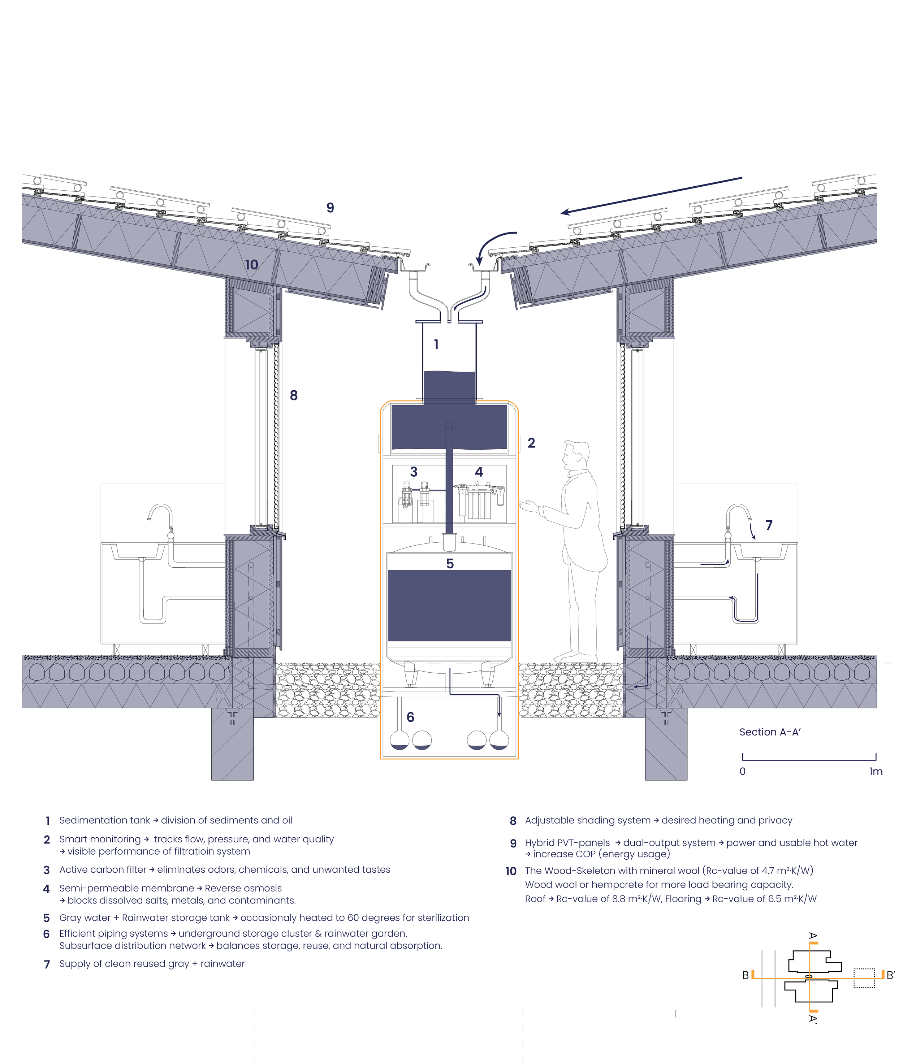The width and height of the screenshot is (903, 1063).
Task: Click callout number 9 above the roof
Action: [x=330, y=208]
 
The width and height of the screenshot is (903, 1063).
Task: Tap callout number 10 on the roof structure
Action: [x=251, y=265]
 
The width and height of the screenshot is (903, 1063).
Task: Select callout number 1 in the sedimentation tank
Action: [x=436, y=344]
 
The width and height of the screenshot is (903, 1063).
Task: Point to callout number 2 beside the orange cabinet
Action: [x=531, y=443]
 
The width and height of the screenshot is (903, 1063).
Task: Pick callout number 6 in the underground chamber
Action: [x=411, y=717]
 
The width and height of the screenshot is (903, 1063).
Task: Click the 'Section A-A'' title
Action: [x=770, y=732]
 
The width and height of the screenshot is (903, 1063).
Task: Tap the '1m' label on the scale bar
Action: [x=876, y=771]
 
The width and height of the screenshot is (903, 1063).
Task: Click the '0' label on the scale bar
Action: [x=743, y=771]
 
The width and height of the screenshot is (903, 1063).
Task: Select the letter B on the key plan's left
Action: [x=746, y=976]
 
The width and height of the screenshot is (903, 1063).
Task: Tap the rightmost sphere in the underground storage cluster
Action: [x=499, y=741]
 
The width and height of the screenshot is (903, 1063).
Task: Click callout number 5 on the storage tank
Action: [x=450, y=564]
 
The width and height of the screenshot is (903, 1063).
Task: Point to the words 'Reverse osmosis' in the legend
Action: [x=243, y=889]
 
